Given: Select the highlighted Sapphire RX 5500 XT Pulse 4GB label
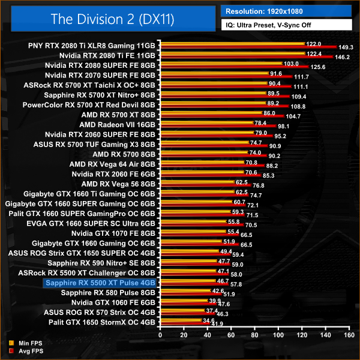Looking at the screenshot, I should (x=100, y=282).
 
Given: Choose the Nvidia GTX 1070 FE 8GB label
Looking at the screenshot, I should (x=113, y=232).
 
